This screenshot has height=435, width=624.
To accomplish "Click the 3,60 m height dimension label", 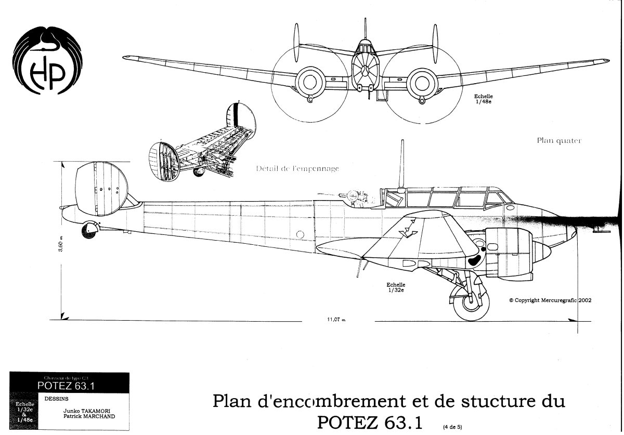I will tap(61, 243).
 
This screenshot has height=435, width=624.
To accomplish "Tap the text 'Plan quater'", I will tap(558, 141).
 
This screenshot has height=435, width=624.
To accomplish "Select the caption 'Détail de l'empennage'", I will tap(297, 168).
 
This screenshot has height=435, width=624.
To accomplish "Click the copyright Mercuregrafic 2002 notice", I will tap(550, 300).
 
